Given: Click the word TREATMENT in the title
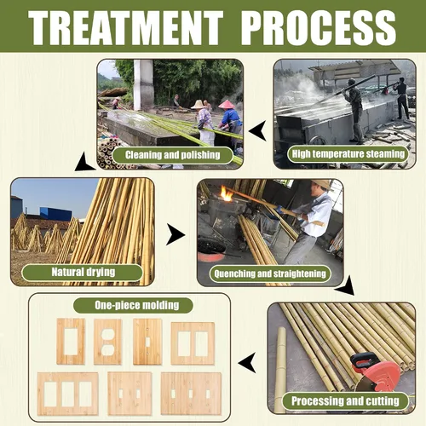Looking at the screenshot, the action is (125, 27).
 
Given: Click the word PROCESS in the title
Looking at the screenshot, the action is (318, 27).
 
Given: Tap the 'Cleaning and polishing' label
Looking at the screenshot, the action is (173, 155).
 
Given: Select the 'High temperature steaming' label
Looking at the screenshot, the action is (348, 154).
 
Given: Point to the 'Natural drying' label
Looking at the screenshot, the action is (83, 273).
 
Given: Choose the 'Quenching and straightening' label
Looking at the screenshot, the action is (270, 273).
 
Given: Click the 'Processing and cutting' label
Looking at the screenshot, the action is (345, 401).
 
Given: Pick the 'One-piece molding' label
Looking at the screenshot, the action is (133, 305).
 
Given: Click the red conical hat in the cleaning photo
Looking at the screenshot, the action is (227, 105).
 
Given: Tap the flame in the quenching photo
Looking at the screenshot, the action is (227, 194).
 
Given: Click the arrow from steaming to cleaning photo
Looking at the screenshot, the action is (257, 130).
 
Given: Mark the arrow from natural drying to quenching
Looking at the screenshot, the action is (176, 234).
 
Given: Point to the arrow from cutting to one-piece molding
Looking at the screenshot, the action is (247, 363).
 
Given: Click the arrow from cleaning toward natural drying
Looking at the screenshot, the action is (83, 163).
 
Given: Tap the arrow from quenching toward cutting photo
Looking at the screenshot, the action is (346, 286).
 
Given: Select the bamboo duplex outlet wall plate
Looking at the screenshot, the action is (108, 342).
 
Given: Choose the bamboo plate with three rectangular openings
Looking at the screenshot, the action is (68, 394).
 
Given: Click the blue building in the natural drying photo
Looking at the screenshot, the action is (55, 214).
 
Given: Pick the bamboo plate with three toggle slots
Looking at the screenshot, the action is (191, 394).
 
